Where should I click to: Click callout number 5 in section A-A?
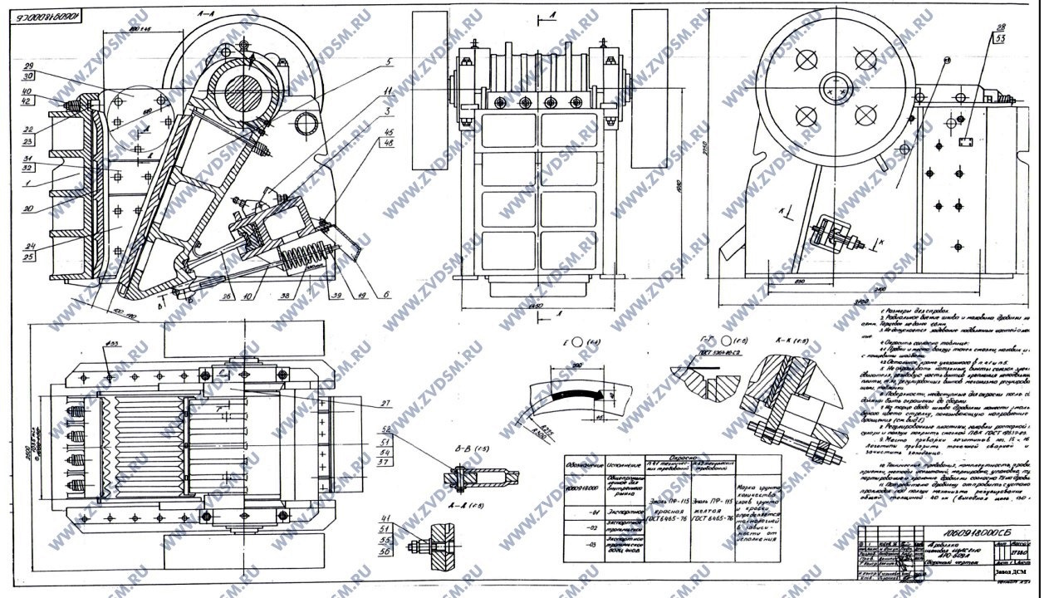pyautogui.click(x=387, y=61)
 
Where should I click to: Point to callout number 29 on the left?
pyautogui.click(x=28, y=65)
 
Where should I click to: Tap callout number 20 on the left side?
pyautogui.click(x=28, y=208)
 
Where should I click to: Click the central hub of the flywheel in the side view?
pyautogui.click(x=836, y=86)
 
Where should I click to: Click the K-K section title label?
pyautogui.click(x=786, y=340)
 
